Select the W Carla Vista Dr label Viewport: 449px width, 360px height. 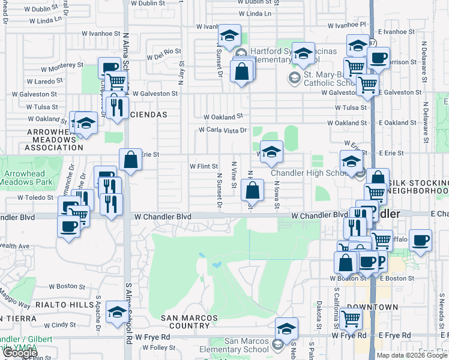223,130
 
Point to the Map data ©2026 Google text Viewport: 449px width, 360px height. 412,355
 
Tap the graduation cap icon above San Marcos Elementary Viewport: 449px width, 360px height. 287,329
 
